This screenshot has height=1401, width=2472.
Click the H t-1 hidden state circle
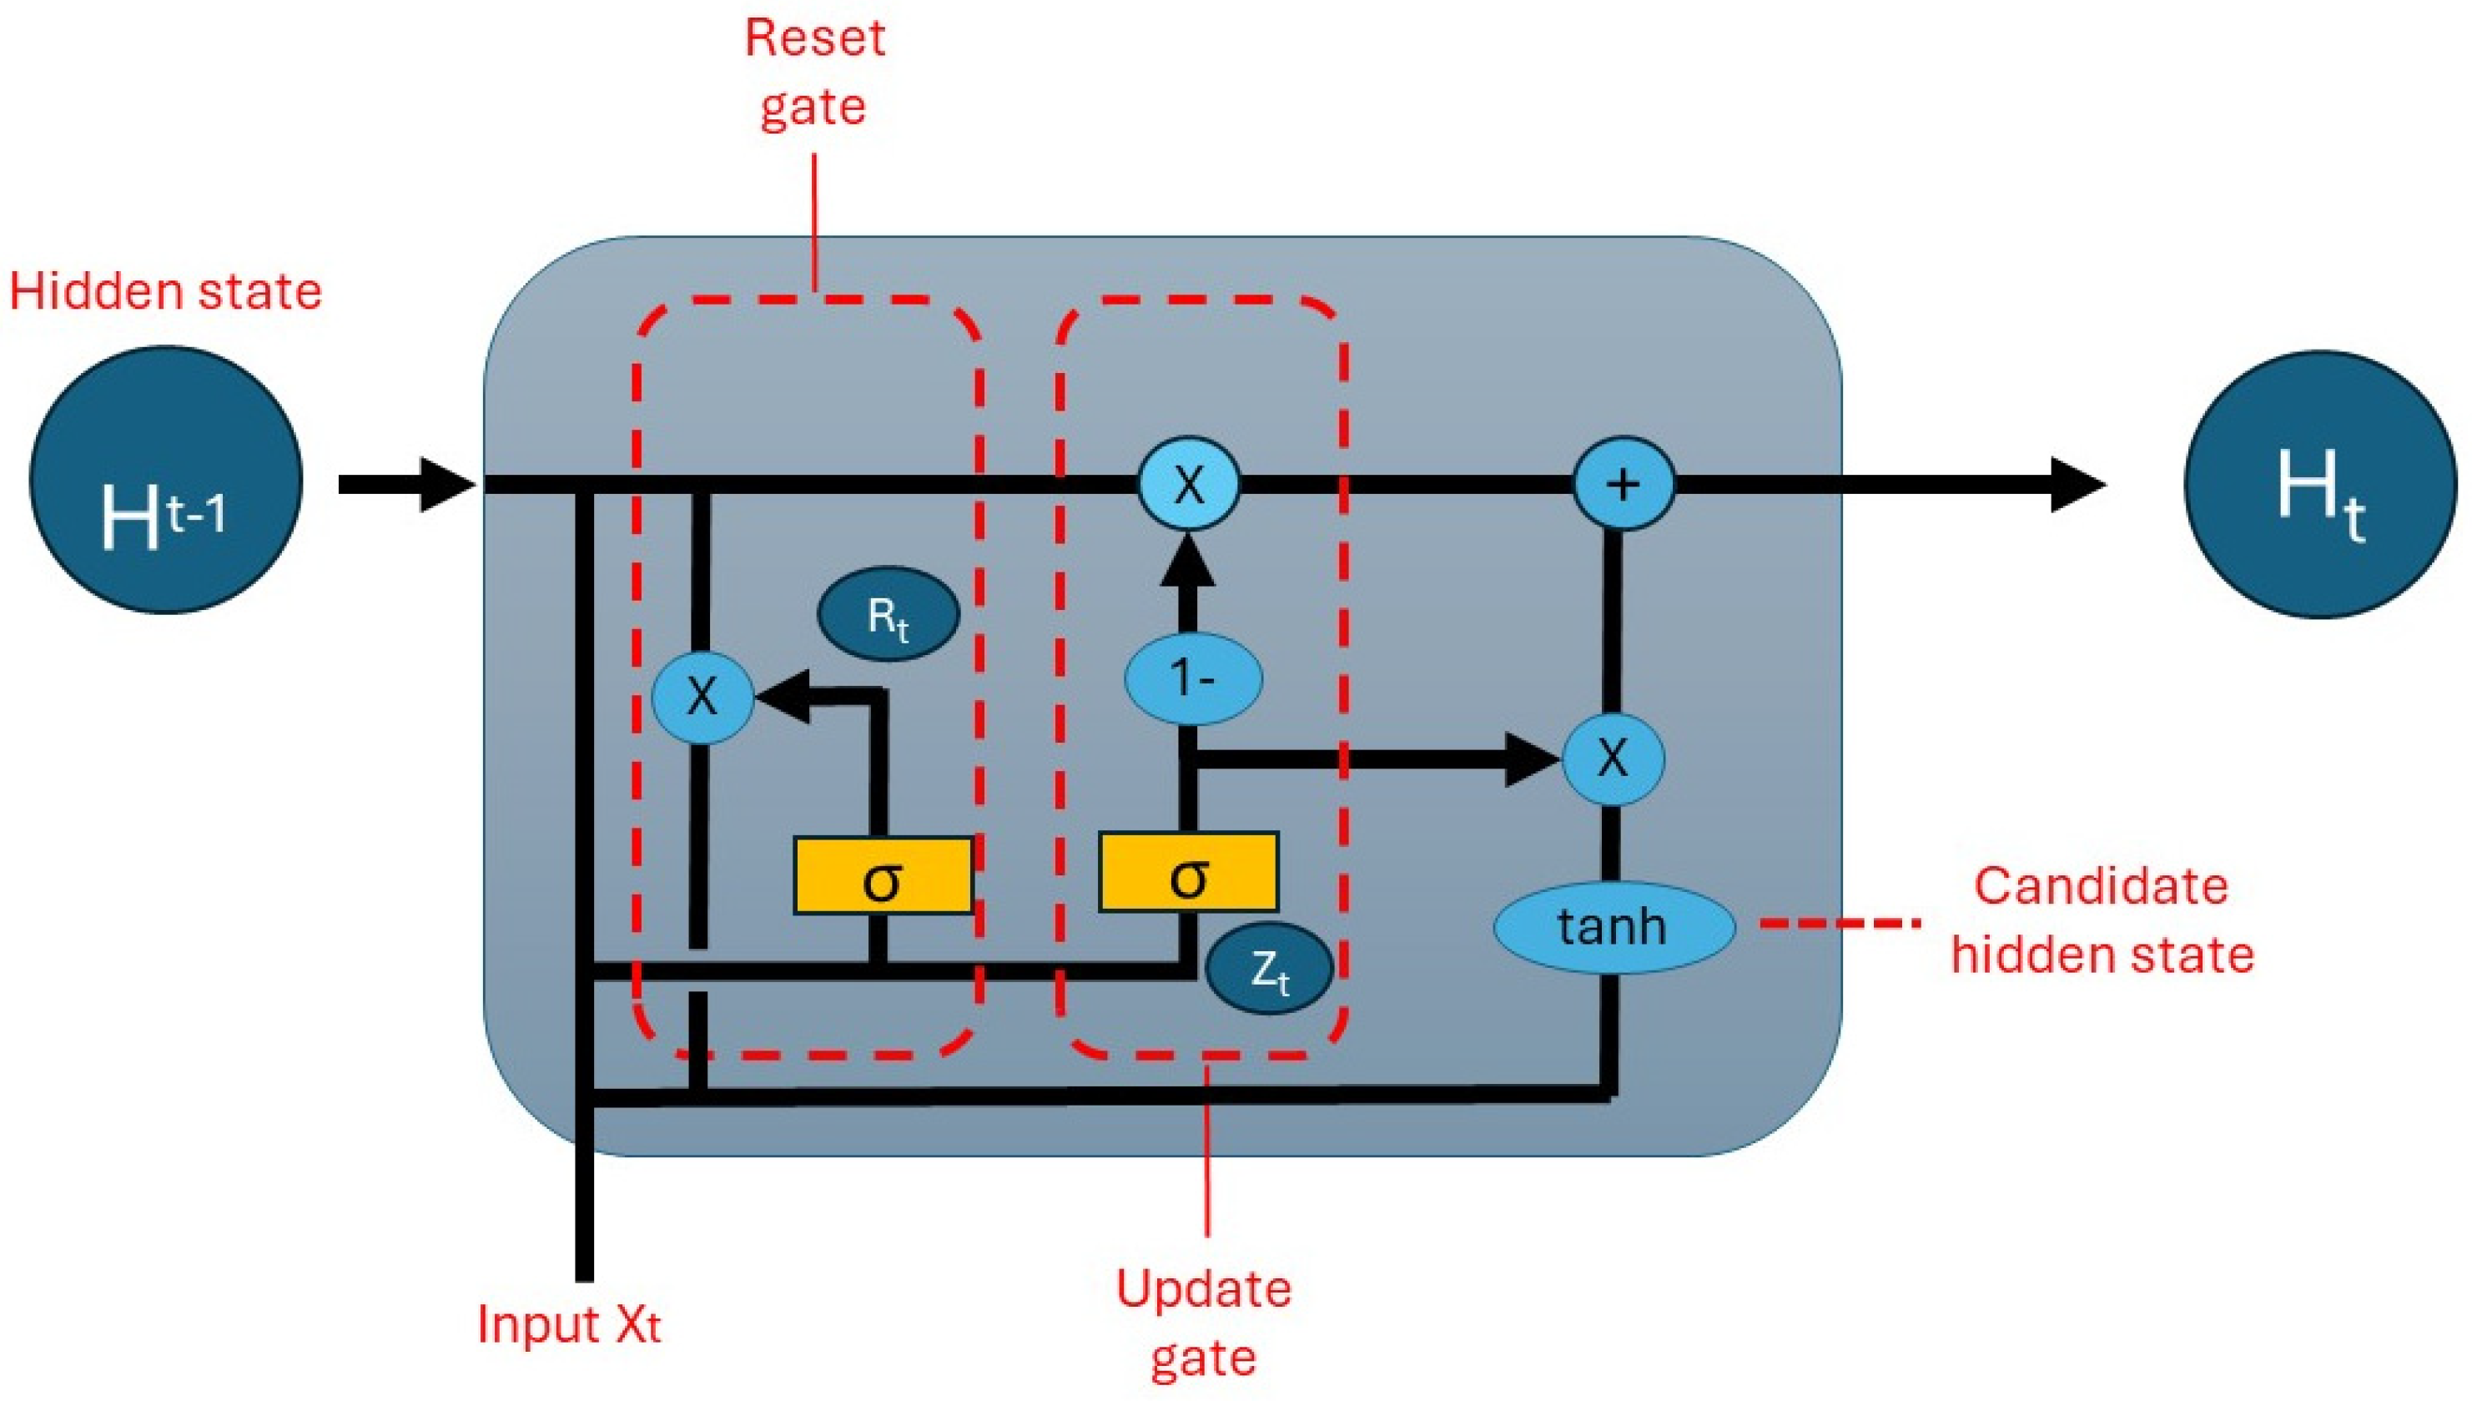click(165, 479)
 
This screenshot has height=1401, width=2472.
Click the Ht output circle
click(2320, 483)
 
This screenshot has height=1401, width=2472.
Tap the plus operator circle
click(1623, 483)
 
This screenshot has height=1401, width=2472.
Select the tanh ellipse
click(1613, 926)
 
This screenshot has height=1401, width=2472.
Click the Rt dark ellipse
click(888, 615)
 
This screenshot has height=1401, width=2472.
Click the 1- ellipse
click(1193, 678)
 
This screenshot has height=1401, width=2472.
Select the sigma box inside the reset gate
click(882, 875)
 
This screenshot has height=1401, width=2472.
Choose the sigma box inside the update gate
click(1189, 873)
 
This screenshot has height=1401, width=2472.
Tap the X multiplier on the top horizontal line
click(1189, 483)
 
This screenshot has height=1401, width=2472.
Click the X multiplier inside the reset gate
click(702, 695)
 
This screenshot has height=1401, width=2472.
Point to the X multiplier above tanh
click(1613, 758)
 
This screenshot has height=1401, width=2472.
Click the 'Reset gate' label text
click(813, 72)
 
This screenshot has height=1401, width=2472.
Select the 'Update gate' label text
click(1203, 1323)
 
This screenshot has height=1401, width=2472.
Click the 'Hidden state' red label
click(165, 291)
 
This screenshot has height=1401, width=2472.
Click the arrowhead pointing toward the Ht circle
click(2077, 484)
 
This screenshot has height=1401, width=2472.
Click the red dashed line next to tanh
click(1839, 923)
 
